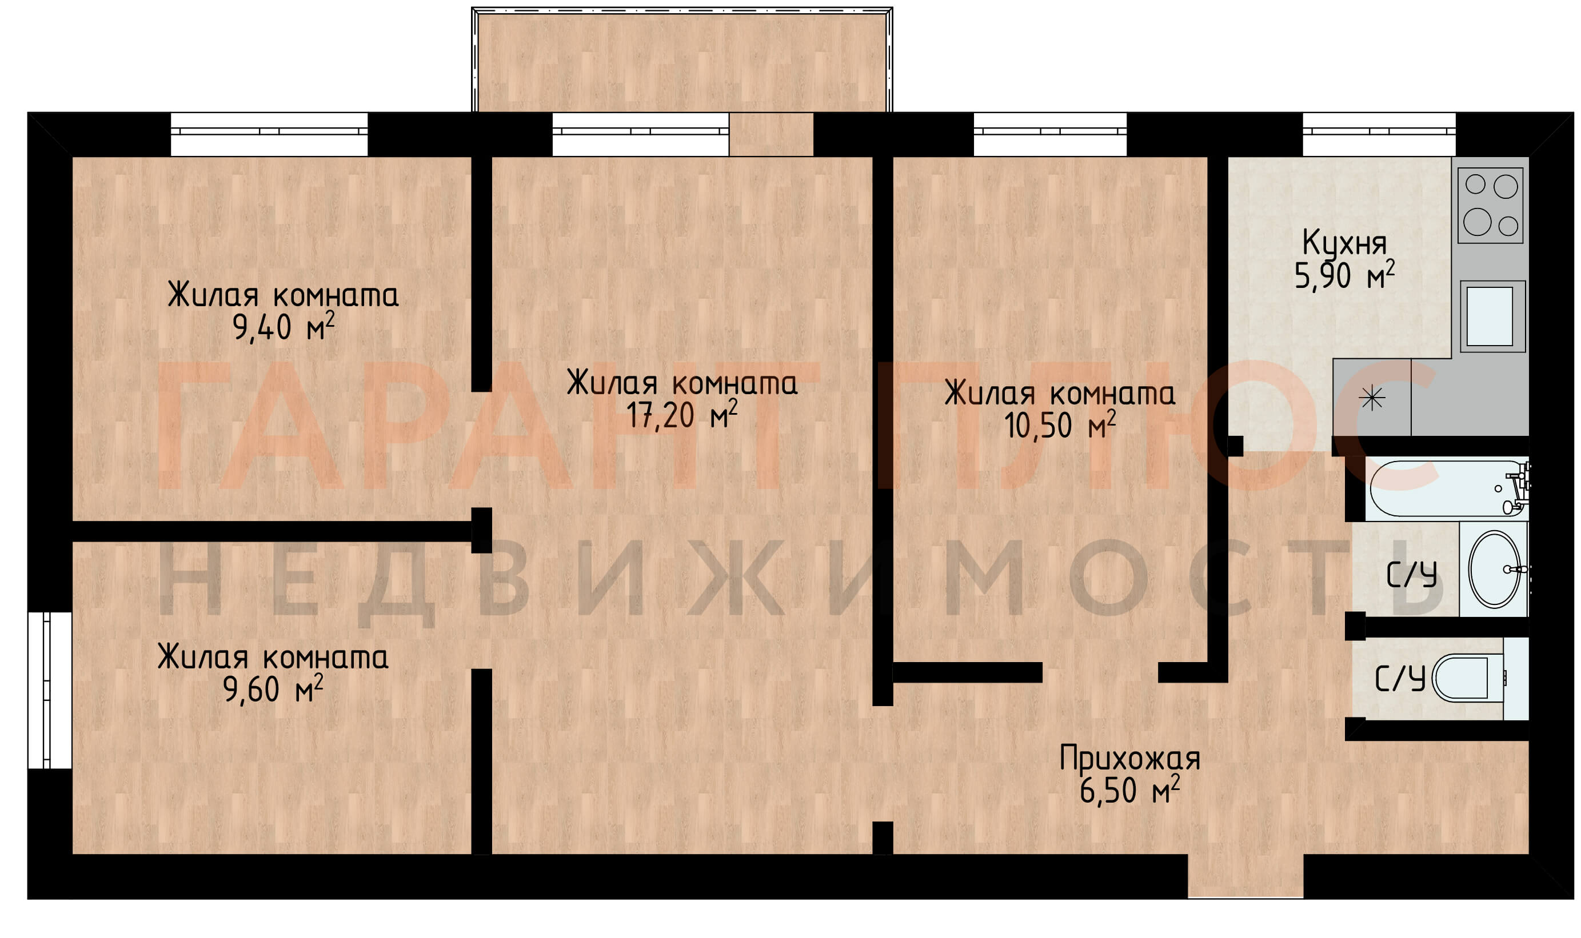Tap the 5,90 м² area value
tap(1344, 275)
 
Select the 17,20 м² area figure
tap(681, 415)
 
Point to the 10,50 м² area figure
tap(1059, 425)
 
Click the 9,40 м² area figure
tap(283, 327)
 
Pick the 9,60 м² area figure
tap(273, 688)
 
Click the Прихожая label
tap(1129, 758)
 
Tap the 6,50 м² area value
tap(1129, 789)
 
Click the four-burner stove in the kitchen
tap(1490, 206)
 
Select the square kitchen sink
tap(1492, 316)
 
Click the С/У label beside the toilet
tap(1400, 679)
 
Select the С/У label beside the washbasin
tap(1411, 575)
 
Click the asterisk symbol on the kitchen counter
tap(1372, 398)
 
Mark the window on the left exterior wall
tap(49, 690)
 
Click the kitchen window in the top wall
tap(1379, 134)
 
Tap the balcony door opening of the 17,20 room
tap(771, 134)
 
